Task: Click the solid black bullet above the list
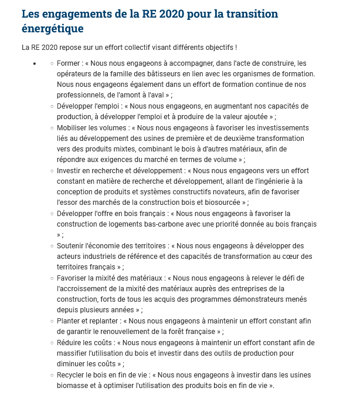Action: click(35, 63)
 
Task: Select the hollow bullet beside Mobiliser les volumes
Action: click(52, 127)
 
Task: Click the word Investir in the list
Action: click(70, 170)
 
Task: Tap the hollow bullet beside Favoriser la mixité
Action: click(52, 278)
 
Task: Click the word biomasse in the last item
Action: click(74, 385)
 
